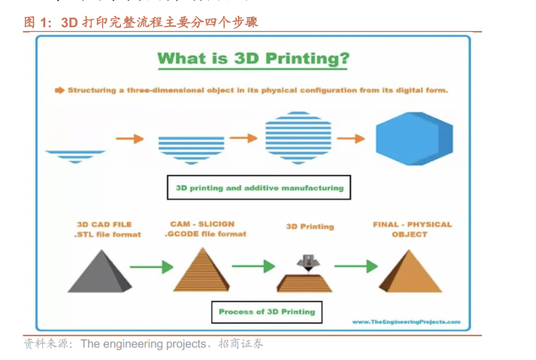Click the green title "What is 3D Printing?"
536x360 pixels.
click(253, 58)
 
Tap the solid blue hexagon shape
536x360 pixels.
click(414, 139)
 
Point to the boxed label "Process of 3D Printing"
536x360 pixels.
click(266, 312)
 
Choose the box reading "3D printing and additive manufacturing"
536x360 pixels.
click(259, 188)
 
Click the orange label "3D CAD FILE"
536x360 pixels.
click(104, 224)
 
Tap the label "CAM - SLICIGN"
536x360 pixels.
click(202, 224)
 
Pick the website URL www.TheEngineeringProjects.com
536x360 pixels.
click(406, 322)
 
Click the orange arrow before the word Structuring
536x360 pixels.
click(59, 90)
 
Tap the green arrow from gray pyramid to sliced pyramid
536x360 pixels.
click(151, 267)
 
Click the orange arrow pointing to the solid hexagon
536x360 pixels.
click(351, 139)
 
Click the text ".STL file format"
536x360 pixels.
click(107, 234)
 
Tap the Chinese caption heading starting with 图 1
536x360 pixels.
click(141, 22)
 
